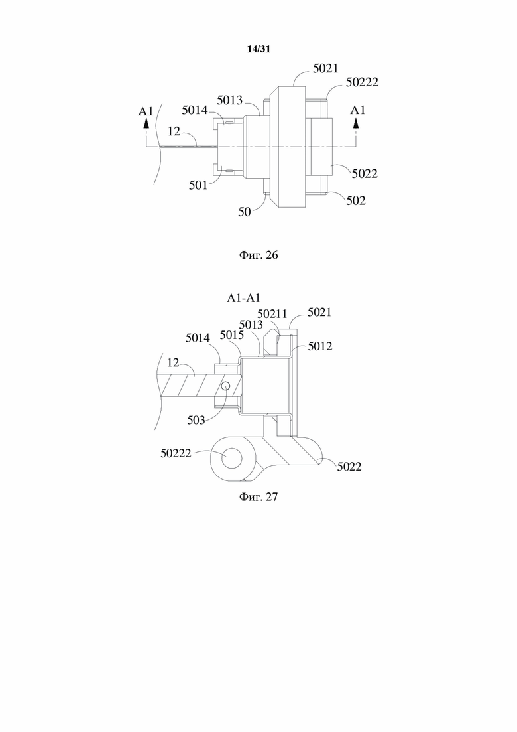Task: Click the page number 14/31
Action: pos(258,49)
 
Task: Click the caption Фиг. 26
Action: pos(258,255)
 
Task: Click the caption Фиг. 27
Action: pos(258,496)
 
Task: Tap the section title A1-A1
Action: pos(243,298)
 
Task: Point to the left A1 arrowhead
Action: pos(146,123)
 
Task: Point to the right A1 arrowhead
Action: pos(357,123)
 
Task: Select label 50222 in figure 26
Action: pos(362,82)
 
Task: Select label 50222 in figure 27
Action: pos(176,453)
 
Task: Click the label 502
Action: pos(356,200)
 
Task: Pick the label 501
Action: pos(198,185)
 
